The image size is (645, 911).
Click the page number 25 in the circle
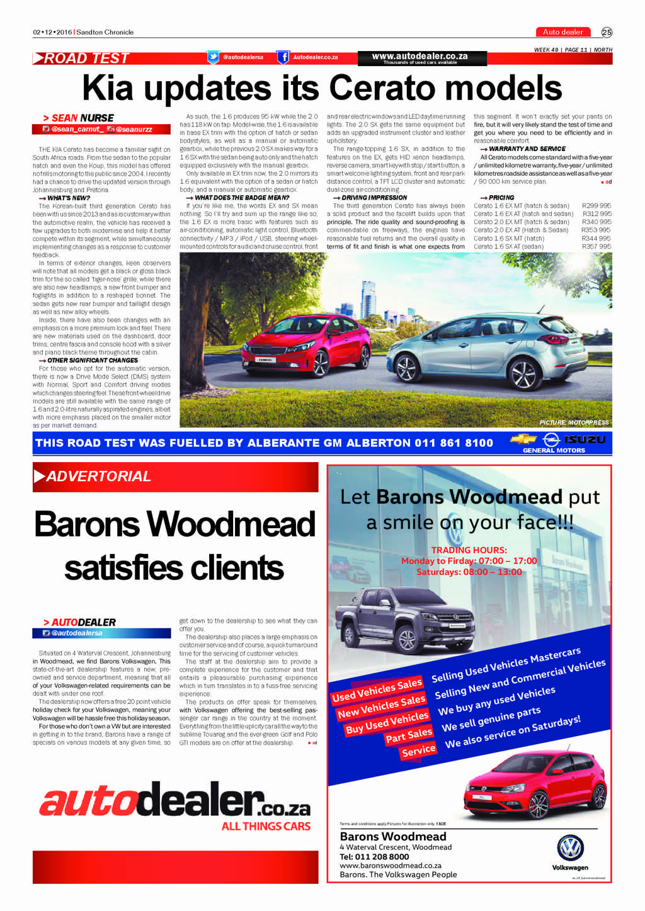[x=607, y=32]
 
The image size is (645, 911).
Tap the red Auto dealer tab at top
[x=562, y=32]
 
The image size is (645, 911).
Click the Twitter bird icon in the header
[x=214, y=57]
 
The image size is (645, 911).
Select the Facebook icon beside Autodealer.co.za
[x=283, y=57]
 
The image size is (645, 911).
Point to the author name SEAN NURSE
[x=83, y=118]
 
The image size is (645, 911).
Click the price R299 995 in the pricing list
[x=596, y=206]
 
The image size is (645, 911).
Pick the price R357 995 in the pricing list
[x=596, y=247]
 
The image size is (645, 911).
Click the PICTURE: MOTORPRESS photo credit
[x=574, y=422]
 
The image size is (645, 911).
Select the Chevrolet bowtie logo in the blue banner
[x=523, y=439]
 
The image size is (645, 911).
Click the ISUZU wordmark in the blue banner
[x=584, y=439]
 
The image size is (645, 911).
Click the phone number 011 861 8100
[x=454, y=443]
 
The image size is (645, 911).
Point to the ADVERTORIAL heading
[x=98, y=477]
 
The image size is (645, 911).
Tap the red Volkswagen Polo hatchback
[x=535, y=787]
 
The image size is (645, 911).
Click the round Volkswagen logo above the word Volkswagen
[x=570, y=847]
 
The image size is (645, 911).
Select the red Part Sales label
[x=409, y=735]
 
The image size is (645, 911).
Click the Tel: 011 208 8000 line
[x=374, y=856]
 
